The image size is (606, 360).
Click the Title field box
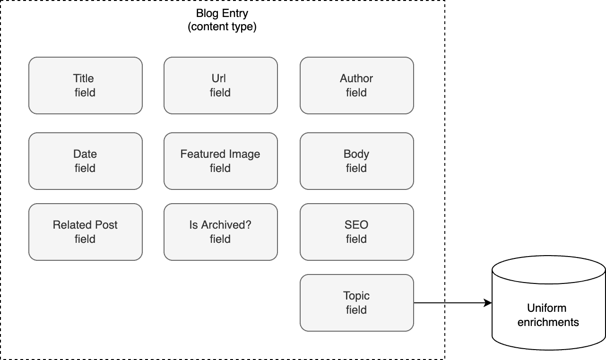(85, 86)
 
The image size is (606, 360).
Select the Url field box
(220, 86)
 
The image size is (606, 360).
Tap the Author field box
(356, 86)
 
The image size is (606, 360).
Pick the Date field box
(85, 161)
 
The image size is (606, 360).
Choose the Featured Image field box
(220, 161)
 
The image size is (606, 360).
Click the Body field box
(356, 161)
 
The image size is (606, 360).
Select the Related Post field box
(85, 232)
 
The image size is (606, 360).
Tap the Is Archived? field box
(220, 232)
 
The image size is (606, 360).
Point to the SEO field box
(356, 232)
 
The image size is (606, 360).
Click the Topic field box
(356, 303)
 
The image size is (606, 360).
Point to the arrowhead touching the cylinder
(488, 303)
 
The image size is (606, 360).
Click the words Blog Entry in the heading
(222, 13)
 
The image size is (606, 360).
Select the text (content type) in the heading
(222, 27)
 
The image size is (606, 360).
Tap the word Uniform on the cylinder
(546, 308)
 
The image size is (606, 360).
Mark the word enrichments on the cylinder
(548, 322)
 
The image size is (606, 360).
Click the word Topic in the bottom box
(356, 296)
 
